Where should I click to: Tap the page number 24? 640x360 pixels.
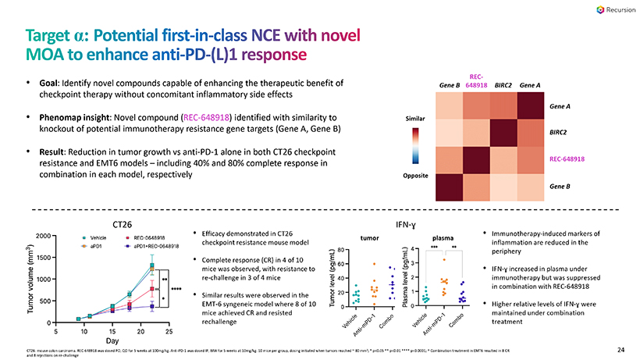621,349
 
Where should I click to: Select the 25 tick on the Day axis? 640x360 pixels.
169,330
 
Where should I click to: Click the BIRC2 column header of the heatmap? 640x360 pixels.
503,84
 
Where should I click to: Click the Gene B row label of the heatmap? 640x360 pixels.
560,188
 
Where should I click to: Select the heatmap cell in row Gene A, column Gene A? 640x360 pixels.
532,105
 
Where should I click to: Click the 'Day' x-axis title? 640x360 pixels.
113,341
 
